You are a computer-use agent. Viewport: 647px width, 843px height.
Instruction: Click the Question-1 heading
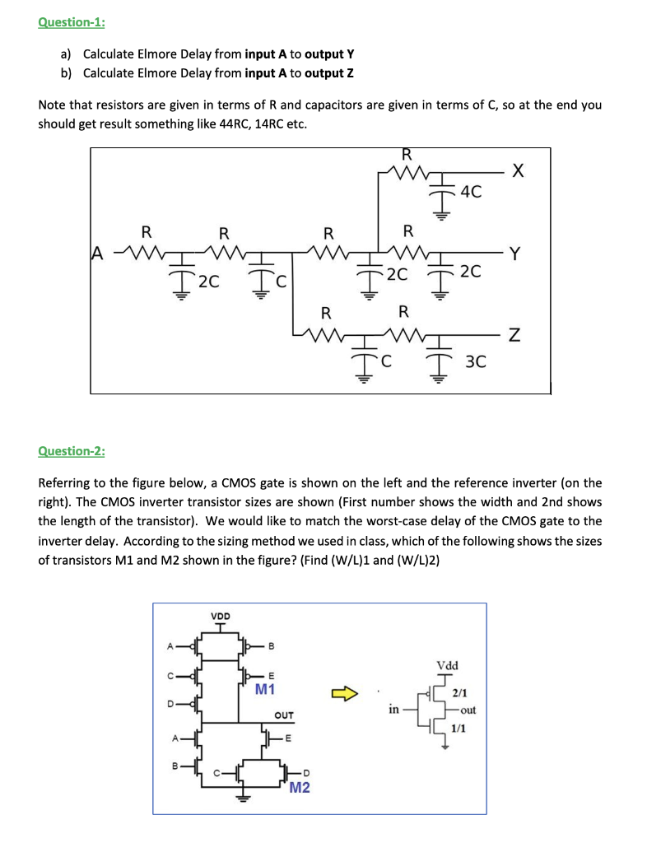(x=71, y=22)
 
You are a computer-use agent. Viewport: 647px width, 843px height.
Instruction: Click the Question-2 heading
(x=71, y=450)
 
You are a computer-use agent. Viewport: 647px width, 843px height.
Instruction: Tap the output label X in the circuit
(x=517, y=172)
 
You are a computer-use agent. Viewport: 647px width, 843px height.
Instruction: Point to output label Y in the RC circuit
(x=515, y=254)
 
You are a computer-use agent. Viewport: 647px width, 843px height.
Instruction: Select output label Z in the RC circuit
(x=515, y=333)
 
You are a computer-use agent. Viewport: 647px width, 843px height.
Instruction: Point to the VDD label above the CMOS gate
(x=221, y=615)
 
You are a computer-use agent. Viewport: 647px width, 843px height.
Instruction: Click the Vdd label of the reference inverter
(x=448, y=665)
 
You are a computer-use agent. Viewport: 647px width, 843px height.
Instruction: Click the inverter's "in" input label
(x=394, y=708)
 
